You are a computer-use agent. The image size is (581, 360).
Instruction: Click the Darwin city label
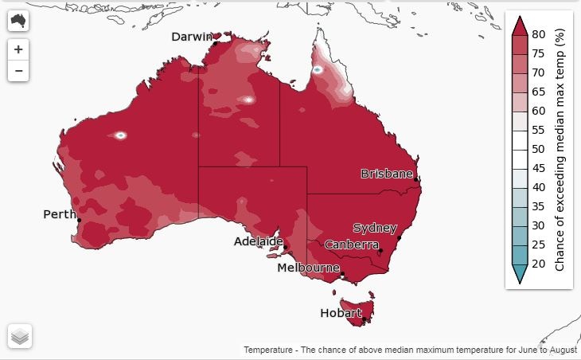[192, 37]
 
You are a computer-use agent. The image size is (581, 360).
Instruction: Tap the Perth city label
[59, 214]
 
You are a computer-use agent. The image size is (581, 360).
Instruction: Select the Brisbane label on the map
[387, 174]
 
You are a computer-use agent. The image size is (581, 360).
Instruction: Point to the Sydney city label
[374, 229]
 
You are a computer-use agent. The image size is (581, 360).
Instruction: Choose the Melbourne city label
[308, 268]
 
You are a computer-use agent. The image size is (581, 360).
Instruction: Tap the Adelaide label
[259, 241]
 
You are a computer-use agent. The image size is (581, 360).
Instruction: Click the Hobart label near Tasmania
[341, 313]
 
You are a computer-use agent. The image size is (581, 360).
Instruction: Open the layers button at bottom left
[20, 336]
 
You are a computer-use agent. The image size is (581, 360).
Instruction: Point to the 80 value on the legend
[538, 34]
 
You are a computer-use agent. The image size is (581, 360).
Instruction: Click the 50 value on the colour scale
[538, 149]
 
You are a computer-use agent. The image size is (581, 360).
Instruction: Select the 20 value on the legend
[538, 264]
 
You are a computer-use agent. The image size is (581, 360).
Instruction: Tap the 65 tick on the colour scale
[538, 92]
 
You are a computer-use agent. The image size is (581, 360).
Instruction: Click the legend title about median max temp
[560, 149]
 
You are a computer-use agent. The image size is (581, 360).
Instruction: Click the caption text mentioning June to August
[411, 350]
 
